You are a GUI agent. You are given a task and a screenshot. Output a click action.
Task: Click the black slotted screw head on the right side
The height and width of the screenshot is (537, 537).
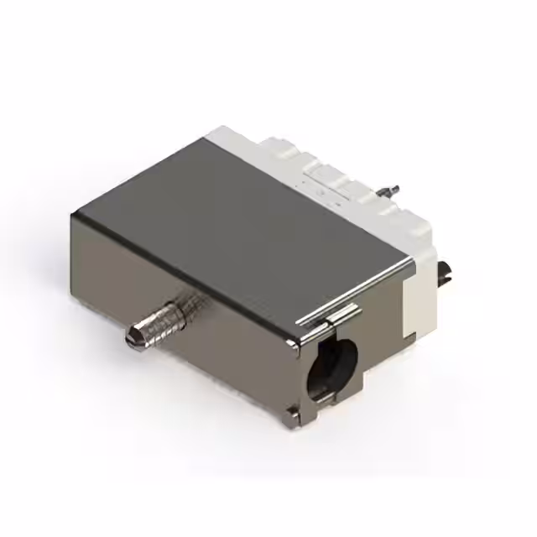click(446, 271)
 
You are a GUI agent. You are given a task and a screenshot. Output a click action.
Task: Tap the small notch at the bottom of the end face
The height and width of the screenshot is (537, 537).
click(290, 411)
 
